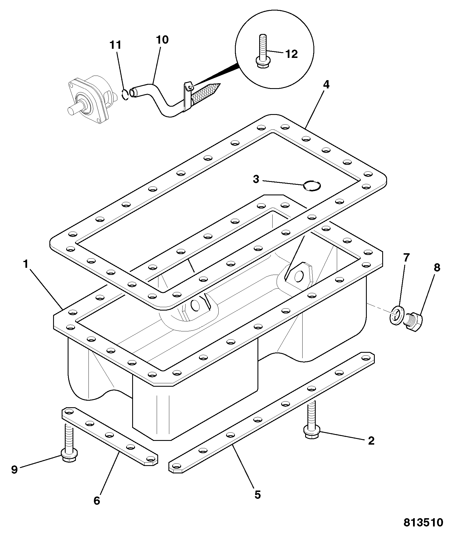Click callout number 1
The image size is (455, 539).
click(26, 264)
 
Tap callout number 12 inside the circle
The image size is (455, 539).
click(291, 54)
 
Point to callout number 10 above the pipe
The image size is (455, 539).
click(162, 40)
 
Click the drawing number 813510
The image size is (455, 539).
click(423, 522)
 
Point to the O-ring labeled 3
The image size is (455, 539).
click(312, 186)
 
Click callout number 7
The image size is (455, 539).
click(406, 258)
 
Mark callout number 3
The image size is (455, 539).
click(256, 179)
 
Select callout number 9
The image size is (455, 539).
click(14, 470)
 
